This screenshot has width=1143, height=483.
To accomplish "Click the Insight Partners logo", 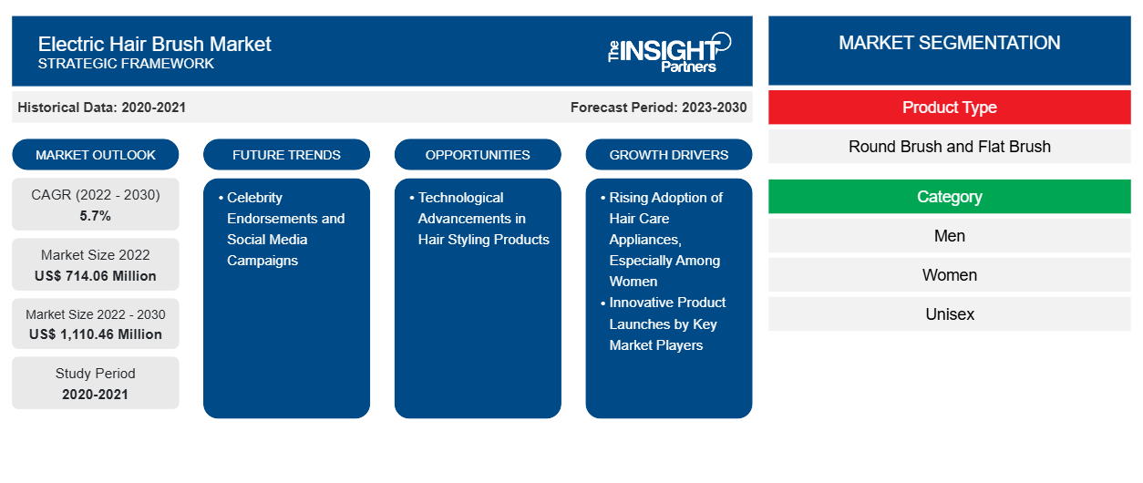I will [670, 51].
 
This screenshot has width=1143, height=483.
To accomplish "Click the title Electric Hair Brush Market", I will [154, 43].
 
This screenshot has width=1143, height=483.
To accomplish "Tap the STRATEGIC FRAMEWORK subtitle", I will [126, 64].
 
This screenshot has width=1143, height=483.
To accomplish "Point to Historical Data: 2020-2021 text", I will [101, 108].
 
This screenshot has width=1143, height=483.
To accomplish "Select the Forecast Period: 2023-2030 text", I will [658, 108].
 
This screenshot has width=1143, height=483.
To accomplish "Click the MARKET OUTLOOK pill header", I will [96, 155].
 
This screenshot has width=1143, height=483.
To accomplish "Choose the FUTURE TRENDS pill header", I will [286, 155].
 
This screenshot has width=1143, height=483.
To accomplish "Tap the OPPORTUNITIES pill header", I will [478, 155].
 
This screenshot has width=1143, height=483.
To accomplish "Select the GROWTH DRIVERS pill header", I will [669, 155].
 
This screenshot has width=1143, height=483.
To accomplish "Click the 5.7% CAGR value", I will [96, 216].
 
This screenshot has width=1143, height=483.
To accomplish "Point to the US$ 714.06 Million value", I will [96, 275].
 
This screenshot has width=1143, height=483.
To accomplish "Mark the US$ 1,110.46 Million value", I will [96, 334].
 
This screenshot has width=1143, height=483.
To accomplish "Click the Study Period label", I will [96, 374].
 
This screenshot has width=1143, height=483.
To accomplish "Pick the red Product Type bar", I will [949, 108].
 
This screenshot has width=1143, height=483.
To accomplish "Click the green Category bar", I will [949, 197].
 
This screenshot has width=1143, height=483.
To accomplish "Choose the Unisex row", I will [949, 314].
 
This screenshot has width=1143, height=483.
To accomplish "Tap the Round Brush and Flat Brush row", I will [949, 147].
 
